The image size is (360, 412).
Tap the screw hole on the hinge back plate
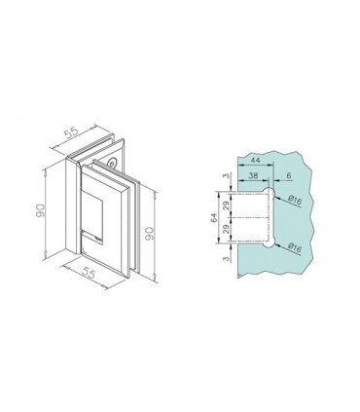click(113, 166)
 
